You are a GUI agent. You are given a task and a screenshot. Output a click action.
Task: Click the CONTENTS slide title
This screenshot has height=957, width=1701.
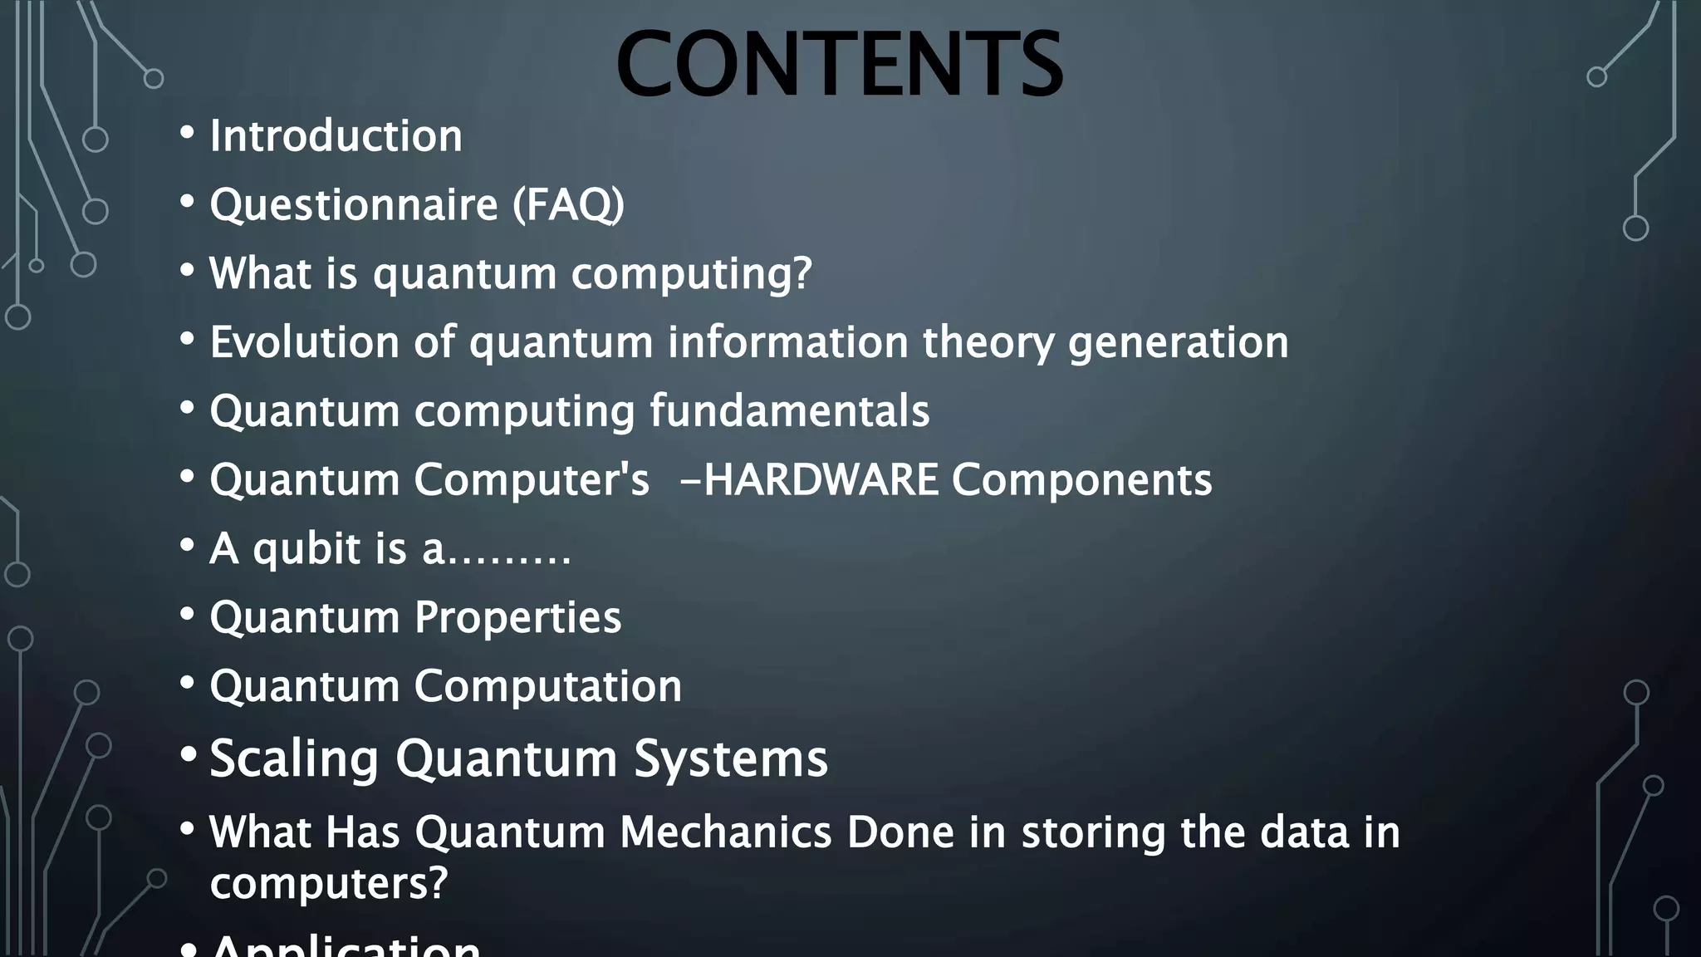point(839,64)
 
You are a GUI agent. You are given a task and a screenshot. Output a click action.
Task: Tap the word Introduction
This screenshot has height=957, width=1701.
point(336,136)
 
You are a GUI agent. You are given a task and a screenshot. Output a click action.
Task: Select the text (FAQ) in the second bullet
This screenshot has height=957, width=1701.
point(568,205)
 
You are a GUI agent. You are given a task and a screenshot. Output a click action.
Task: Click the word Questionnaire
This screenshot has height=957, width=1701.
point(353,205)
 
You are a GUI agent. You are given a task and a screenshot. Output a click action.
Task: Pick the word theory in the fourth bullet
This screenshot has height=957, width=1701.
point(988,342)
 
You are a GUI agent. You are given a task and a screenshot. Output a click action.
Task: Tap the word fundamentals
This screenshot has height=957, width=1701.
point(789,411)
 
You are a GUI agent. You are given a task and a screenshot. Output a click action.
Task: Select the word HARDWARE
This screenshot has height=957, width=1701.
point(821,480)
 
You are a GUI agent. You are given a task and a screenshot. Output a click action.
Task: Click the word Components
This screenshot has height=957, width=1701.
point(1081,480)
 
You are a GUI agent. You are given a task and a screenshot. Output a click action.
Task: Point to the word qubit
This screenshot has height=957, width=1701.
point(306,549)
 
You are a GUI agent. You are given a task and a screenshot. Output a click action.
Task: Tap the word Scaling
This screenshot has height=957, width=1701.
point(295,758)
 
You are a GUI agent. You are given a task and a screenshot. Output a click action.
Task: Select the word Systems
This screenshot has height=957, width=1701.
point(731,758)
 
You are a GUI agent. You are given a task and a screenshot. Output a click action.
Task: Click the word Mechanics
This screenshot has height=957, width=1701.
point(725,832)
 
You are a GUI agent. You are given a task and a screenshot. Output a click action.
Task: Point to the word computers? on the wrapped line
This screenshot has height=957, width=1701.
point(328,883)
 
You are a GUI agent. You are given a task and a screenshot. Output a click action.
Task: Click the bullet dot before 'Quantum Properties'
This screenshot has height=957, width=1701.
point(188,614)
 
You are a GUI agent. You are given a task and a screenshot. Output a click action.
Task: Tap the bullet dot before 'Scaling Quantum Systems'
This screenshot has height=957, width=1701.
point(189,754)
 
